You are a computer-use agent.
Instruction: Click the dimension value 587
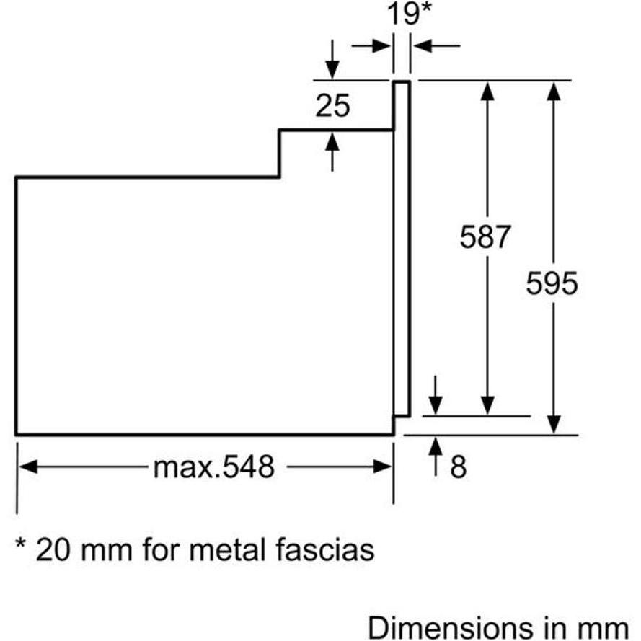pyautogui.click(x=485, y=236)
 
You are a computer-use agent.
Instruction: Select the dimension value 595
pyautogui.click(x=552, y=283)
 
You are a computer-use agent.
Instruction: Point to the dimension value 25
pyautogui.click(x=332, y=107)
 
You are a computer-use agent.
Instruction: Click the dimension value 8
pyautogui.click(x=459, y=467)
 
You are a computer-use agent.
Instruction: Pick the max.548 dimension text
pyautogui.click(x=214, y=468)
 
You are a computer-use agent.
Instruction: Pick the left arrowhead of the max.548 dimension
pyautogui.click(x=27, y=467)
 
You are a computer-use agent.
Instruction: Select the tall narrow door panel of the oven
pyautogui.click(x=402, y=249)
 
